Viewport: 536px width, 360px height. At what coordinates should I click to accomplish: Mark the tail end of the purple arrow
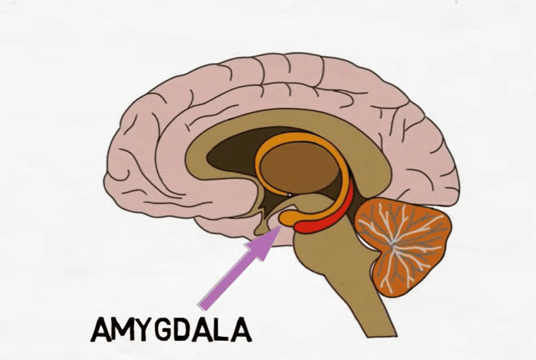click(x=204, y=306)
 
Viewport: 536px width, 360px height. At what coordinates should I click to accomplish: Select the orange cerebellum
click(x=403, y=242)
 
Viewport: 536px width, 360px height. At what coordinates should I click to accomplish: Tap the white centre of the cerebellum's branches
click(x=394, y=243)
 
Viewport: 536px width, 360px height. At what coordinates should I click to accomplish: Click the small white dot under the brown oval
click(x=289, y=195)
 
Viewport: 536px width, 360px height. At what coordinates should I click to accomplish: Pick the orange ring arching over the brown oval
click(x=301, y=137)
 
